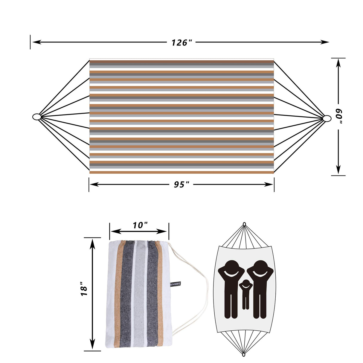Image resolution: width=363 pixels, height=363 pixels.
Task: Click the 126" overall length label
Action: pos(181,42)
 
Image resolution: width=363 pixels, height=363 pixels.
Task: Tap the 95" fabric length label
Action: pos(181,184)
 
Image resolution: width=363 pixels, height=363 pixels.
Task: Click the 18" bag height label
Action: pos(84,289)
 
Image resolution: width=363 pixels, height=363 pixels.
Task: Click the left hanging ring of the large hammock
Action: pos(36,117)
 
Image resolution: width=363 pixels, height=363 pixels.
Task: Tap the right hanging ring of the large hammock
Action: pos(327,118)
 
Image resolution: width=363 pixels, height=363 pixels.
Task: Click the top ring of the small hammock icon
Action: pos(244,224)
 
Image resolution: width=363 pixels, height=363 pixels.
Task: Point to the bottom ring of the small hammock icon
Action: pos(244,355)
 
